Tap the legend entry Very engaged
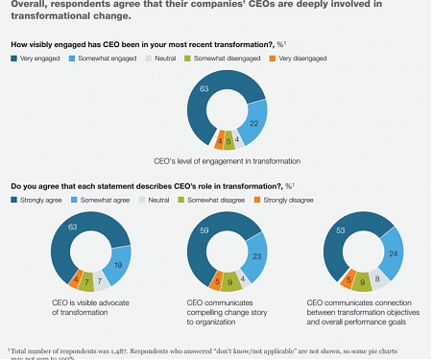click(37, 60)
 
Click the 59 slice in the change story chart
click(199, 236)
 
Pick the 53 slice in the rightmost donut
click(339, 236)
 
